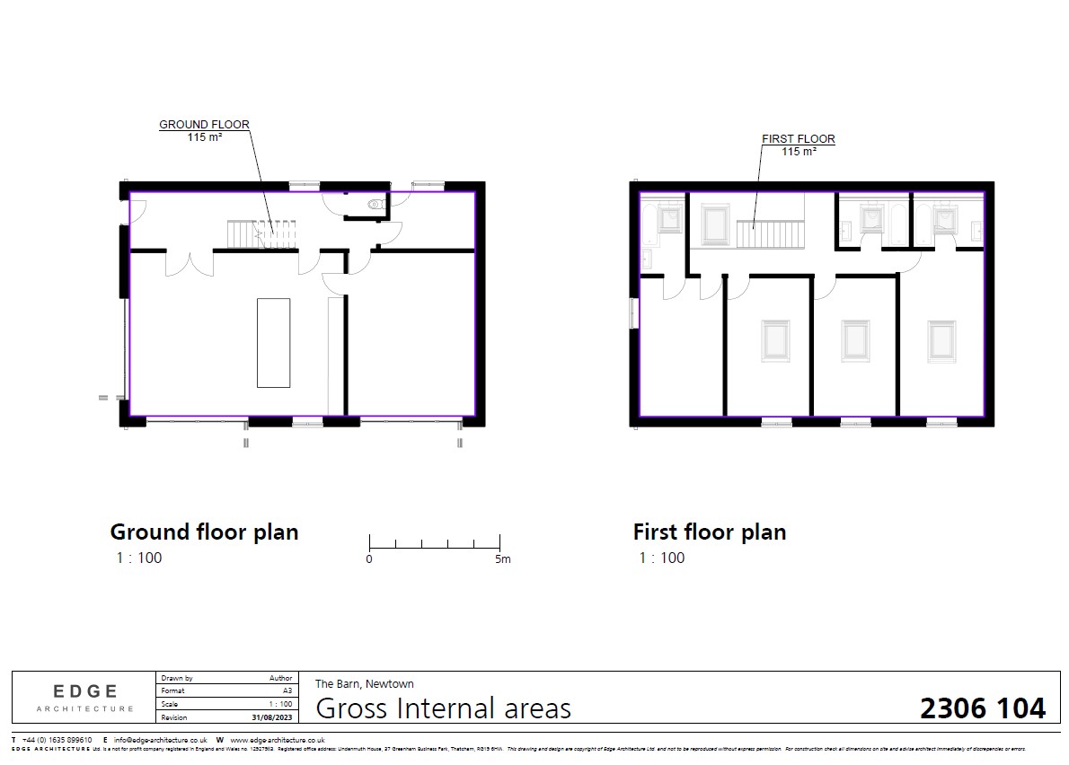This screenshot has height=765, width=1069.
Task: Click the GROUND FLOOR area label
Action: click(x=204, y=125)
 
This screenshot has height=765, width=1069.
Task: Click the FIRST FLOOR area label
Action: click(x=798, y=139)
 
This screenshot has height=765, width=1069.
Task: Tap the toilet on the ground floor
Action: click(x=375, y=205)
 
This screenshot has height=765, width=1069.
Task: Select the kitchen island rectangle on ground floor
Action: click(x=273, y=342)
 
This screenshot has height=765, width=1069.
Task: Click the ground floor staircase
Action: click(x=261, y=235)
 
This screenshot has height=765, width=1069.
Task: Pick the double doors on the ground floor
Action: click(x=189, y=263)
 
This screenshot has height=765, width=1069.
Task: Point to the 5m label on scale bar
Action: click(x=501, y=559)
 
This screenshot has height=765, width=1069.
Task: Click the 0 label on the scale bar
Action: click(x=369, y=559)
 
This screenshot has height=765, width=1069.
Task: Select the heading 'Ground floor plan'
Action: click(x=204, y=532)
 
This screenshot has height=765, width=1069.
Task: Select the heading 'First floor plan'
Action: click(x=709, y=532)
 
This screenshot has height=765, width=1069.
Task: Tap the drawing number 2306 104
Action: click(x=982, y=708)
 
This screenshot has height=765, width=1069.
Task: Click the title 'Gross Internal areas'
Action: click(x=444, y=708)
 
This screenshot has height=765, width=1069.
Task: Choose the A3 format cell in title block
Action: click(x=287, y=691)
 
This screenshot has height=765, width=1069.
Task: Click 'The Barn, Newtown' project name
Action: click(x=364, y=683)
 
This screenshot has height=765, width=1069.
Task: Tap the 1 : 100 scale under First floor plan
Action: click(x=662, y=558)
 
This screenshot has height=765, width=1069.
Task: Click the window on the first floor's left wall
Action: click(x=633, y=312)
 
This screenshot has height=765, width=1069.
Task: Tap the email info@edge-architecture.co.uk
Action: click(x=161, y=739)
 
